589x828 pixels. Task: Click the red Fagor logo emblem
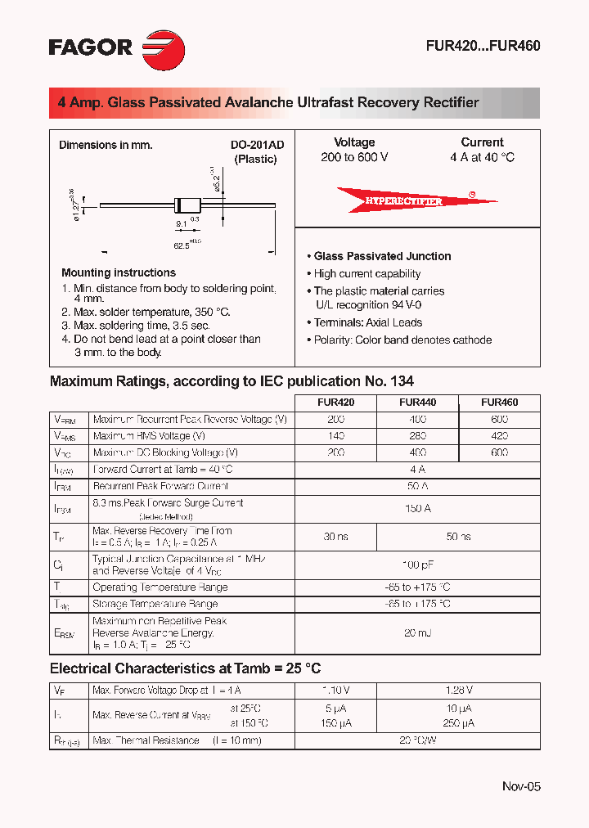[x=164, y=47]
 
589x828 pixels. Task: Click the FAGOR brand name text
[x=91, y=47]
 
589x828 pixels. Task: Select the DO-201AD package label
[x=257, y=145]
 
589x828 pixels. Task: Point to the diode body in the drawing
[x=186, y=205]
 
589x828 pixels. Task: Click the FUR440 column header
[x=417, y=403]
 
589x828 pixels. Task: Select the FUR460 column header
[x=499, y=403]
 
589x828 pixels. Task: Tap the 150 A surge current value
[x=417, y=509]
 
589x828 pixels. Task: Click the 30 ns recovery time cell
[x=335, y=537]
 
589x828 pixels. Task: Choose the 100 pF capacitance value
[x=417, y=565]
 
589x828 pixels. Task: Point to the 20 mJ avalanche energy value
[x=417, y=633]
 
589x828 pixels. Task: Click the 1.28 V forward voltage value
[x=458, y=691]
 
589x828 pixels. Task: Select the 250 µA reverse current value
[x=458, y=723]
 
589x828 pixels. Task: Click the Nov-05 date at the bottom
[x=521, y=786]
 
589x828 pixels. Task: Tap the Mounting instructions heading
[x=119, y=272]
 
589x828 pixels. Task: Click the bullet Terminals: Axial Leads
[x=367, y=322]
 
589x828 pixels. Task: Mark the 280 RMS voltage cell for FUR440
[x=417, y=436]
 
